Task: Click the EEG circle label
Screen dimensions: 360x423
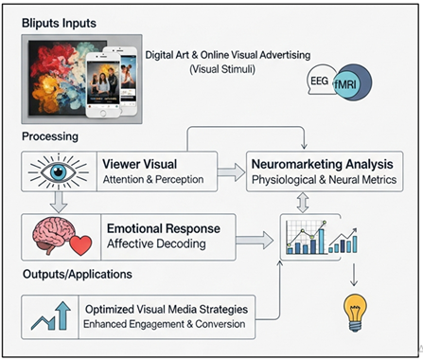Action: (321, 82)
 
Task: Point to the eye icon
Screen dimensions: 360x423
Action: (59, 171)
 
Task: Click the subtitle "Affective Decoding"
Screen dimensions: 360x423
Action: (155, 243)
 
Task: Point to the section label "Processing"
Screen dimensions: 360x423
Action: (51, 136)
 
